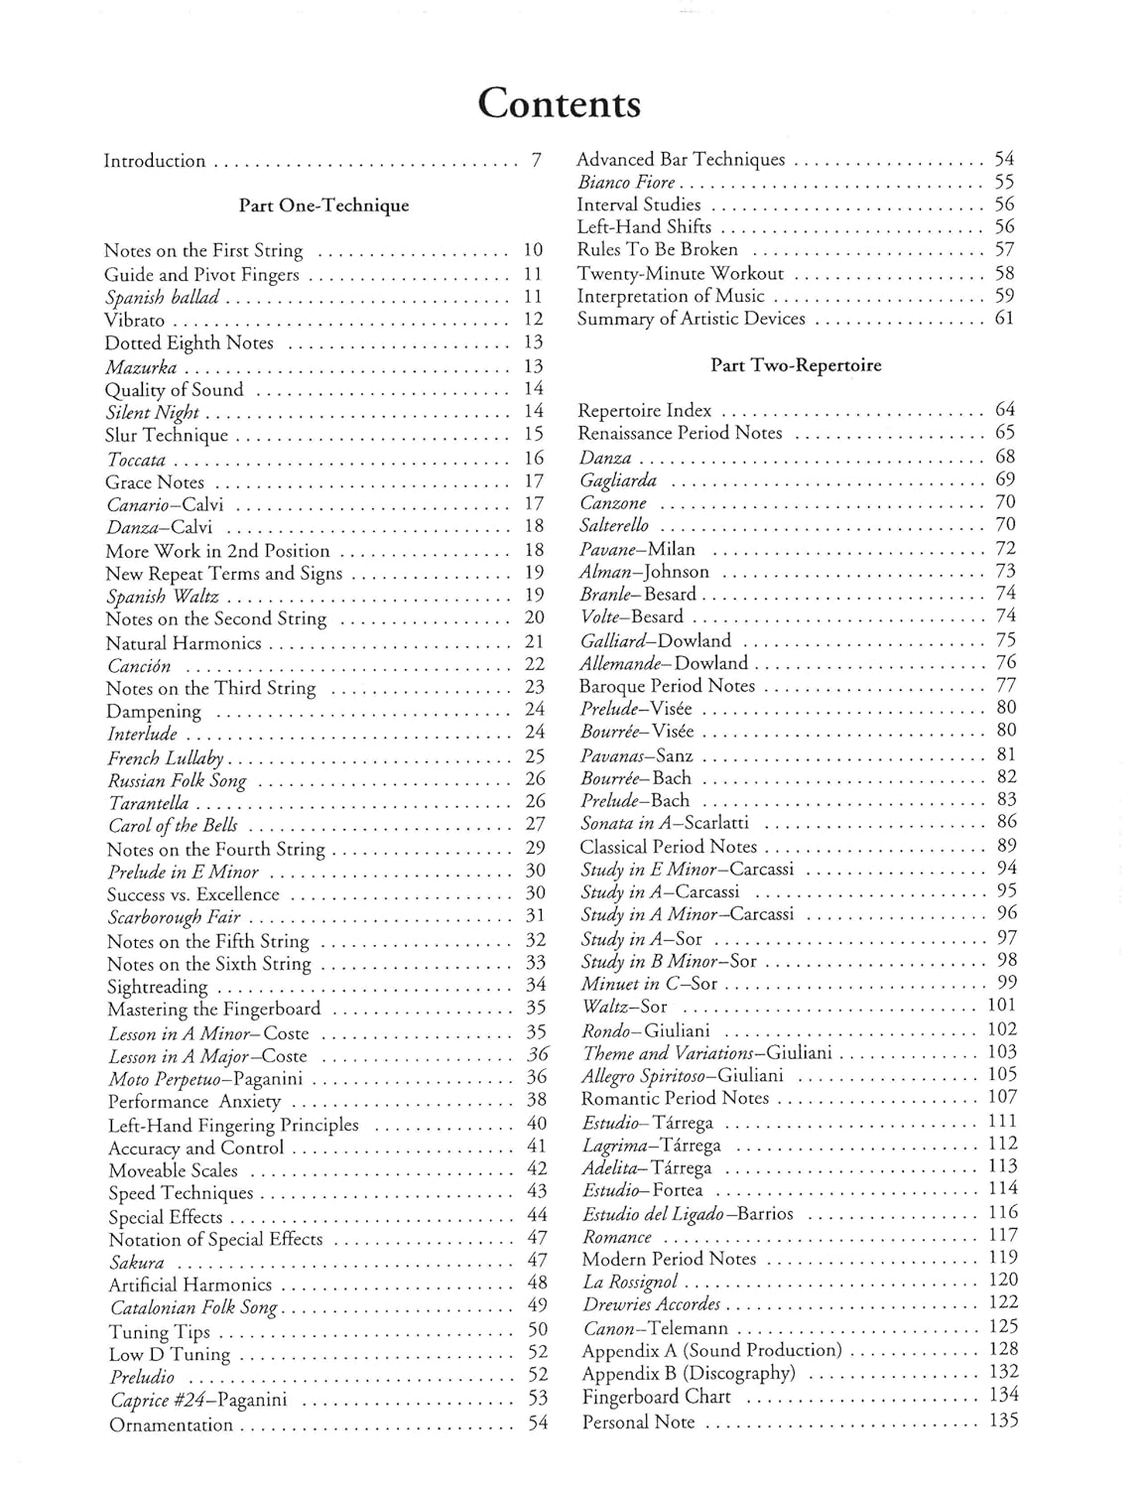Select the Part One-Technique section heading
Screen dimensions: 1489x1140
click(x=323, y=205)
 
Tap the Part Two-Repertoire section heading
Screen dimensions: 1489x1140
click(x=796, y=365)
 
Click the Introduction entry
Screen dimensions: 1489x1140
click(x=155, y=161)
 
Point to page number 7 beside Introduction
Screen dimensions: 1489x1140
click(x=536, y=160)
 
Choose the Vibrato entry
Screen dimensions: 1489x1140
click(x=135, y=321)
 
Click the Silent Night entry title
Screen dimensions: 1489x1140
click(x=152, y=412)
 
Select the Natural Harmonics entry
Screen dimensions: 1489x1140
click(x=184, y=643)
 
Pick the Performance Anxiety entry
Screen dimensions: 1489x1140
click(x=194, y=1102)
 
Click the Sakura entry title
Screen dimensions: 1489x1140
click(x=137, y=1263)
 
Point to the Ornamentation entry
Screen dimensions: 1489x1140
click(x=171, y=1424)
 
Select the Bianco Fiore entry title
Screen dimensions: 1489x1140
click(x=626, y=183)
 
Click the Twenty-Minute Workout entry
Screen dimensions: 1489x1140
click(x=681, y=273)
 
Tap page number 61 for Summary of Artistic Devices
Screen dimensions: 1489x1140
click(x=1004, y=319)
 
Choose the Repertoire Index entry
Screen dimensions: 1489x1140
click(x=645, y=410)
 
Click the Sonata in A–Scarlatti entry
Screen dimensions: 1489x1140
click(x=665, y=823)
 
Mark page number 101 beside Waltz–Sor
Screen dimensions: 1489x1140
click(x=1002, y=1007)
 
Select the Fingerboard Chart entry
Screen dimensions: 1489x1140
click(x=656, y=1397)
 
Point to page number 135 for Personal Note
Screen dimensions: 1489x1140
click(x=1003, y=1421)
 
